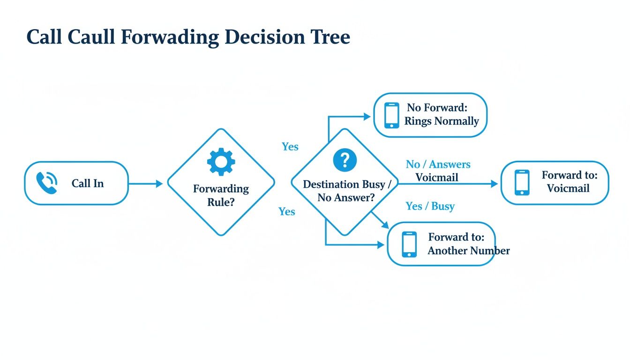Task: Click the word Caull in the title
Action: point(91,37)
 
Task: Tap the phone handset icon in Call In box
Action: point(47,183)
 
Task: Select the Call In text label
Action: point(88,183)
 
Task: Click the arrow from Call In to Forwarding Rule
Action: point(145,183)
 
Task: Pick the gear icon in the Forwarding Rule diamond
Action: point(221,162)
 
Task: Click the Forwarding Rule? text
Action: point(221,195)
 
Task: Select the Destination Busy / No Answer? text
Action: point(346,191)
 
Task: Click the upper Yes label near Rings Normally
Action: point(290,147)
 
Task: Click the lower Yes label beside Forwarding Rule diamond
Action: point(286,211)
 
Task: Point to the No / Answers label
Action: point(438,165)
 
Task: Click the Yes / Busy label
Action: point(430,206)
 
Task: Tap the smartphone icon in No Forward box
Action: point(391,115)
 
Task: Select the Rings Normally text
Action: point(442,121)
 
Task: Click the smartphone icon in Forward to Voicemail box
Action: point(522,182)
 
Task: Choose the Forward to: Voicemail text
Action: point(569,182)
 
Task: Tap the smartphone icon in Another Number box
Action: point(409,244)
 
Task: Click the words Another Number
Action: point(468,251)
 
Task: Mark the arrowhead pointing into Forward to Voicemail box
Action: point(495,184)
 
